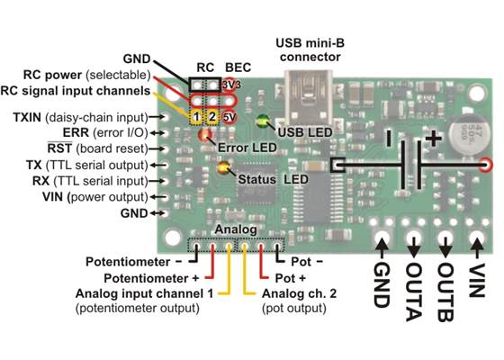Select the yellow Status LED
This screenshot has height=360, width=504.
pyautogui.click(x=224, y=166)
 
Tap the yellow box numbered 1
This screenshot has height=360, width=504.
pyautogui.click(x=195, y=116)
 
